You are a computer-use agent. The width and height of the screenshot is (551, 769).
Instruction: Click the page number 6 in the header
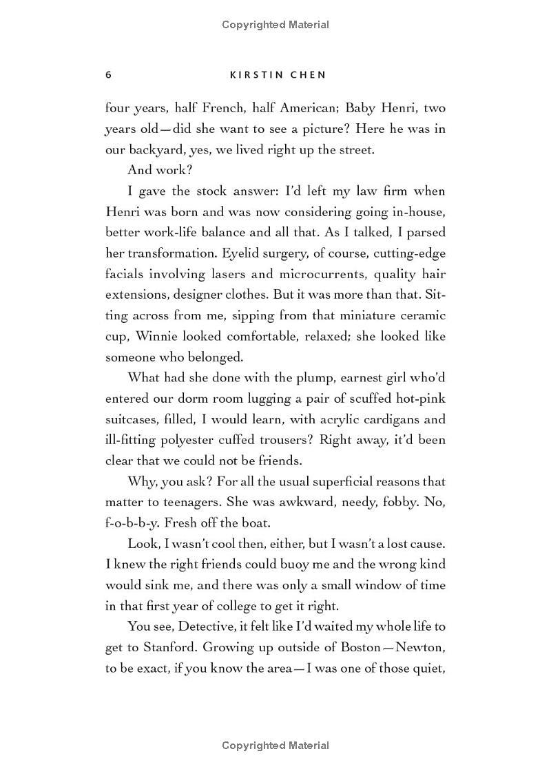pyautogui.click(x=108, y=74)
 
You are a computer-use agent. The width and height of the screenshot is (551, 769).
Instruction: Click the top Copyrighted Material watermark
pyautogui.click(x=275, y=25)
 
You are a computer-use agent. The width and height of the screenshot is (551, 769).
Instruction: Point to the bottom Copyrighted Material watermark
pyautogui.click(x=275, y=746)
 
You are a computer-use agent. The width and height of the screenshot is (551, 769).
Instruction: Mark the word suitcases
pyautogui.click(x=131, y=419)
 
